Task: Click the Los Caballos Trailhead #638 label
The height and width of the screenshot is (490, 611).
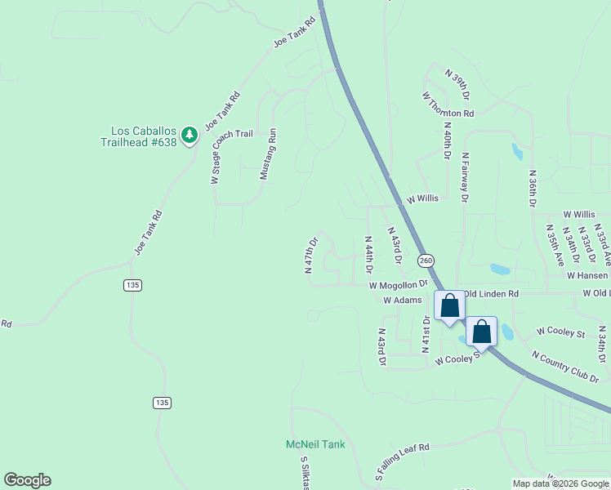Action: click(x=143, y=136)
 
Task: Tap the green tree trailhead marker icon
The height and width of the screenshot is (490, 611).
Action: click(x=190, y=135)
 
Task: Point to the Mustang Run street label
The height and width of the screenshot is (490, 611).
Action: click(x=269, y=154)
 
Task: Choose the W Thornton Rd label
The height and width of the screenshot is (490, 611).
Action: click(x=448, y=105)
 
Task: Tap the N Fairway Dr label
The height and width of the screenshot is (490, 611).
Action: click(x=465, y=176)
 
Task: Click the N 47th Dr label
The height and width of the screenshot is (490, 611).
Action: click(x=310, y=256)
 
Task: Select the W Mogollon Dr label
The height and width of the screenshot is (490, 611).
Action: click(x=398, y=286)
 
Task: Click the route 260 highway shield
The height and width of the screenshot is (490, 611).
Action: click(x=426, y=261)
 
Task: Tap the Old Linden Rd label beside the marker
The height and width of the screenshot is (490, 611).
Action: click(x=491, y=293)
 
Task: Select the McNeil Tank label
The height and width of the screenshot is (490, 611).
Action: click(x=315, y=444)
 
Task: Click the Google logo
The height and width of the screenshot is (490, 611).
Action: click(x=27, y=480)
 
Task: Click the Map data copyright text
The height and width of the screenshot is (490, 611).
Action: click(x=560, y=483)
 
